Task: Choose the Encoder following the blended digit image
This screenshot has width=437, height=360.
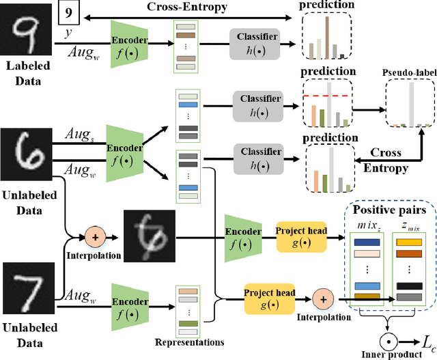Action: [x=242, y=238]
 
